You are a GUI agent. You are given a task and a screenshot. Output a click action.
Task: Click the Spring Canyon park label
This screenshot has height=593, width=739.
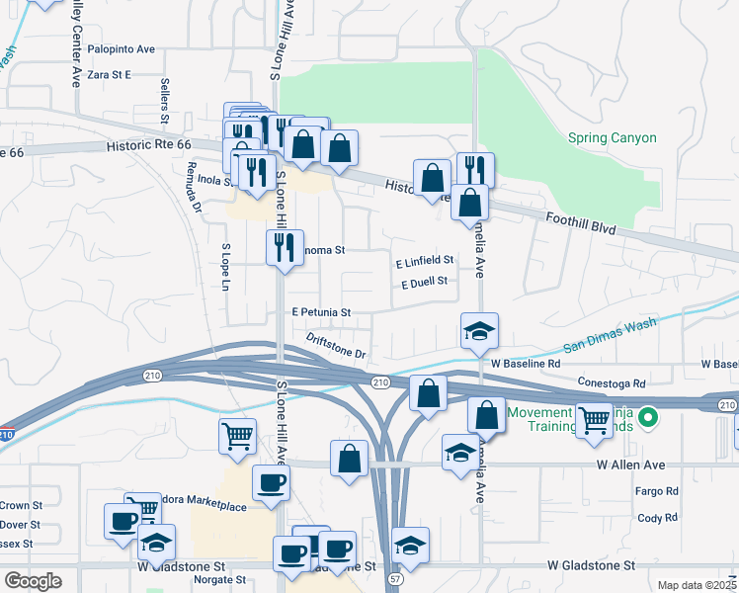pos(612,138)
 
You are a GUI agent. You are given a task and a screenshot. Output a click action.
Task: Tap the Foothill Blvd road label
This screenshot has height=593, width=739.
pos(581,222)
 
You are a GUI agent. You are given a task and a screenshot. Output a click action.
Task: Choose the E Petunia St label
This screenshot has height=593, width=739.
pos(321,312)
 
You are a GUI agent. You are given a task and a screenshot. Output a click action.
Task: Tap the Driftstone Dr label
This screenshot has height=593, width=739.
pos(336,346)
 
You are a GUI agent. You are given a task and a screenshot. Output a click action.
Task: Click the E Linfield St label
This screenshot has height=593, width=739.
pos(424,261)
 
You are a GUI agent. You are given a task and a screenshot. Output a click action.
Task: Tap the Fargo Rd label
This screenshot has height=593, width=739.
pos(658,490)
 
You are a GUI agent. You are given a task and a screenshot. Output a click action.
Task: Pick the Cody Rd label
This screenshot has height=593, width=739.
pos(657,517)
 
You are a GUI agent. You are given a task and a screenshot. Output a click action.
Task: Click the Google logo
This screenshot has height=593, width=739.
pos(34,581)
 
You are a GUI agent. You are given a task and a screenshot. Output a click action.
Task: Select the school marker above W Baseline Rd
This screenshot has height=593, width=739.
pos(479,331)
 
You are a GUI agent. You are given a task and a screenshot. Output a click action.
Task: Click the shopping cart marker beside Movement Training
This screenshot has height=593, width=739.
pos(594,420)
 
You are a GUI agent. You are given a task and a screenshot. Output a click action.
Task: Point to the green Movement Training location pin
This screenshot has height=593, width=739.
pos(648,418)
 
